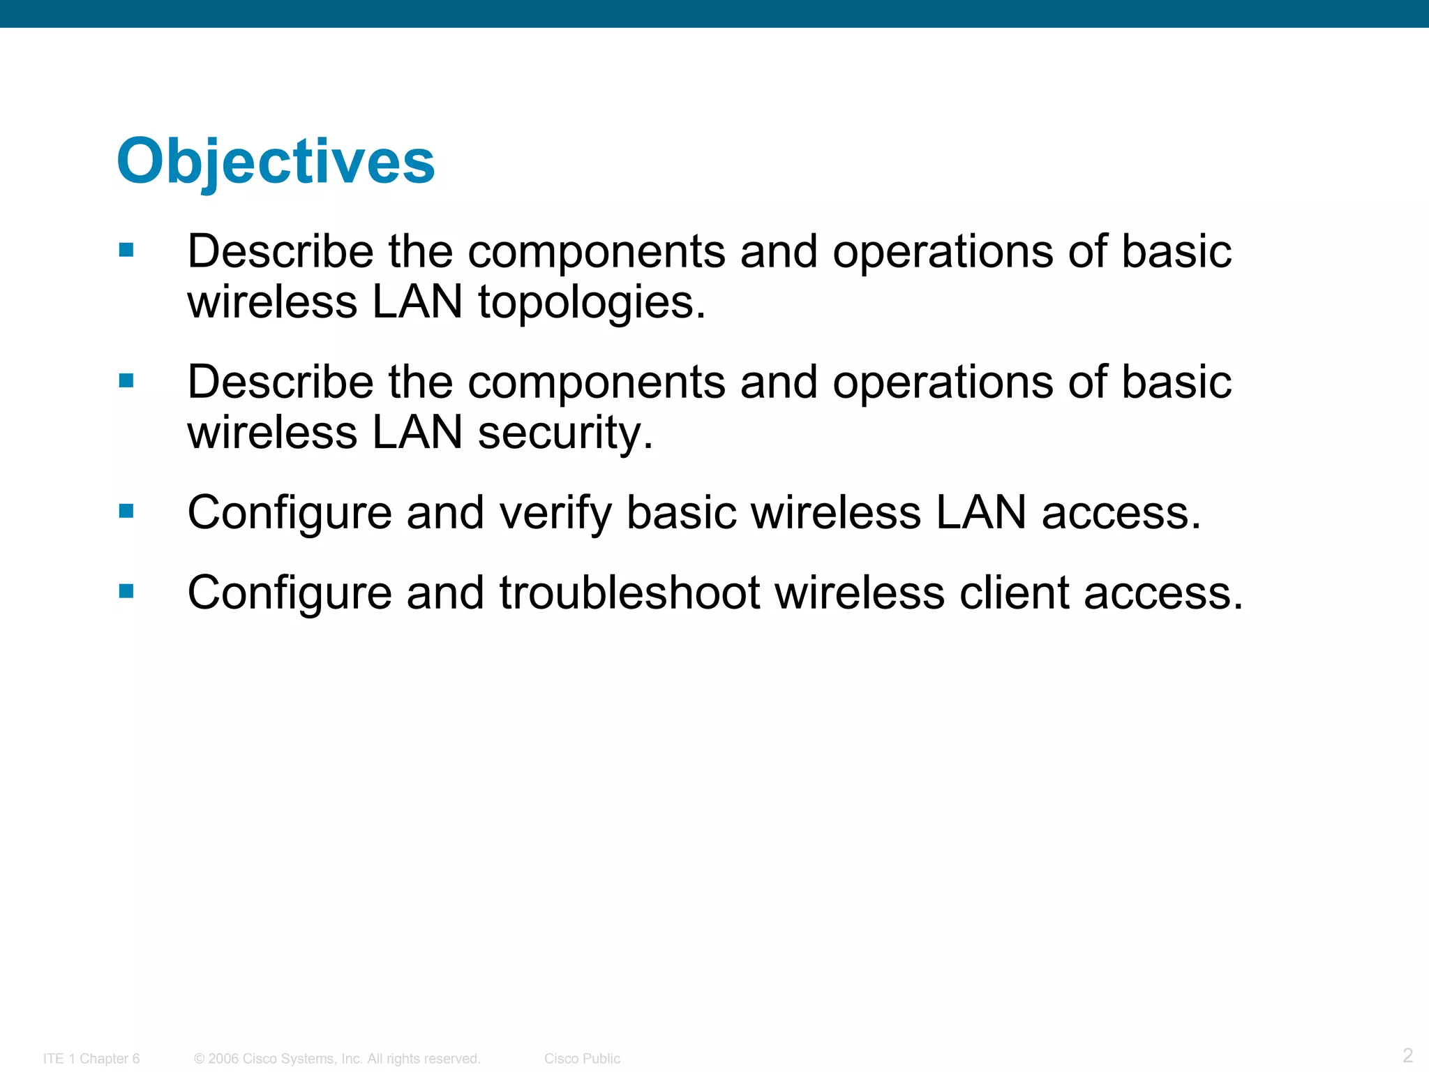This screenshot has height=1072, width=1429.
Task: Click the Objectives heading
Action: click(276, 162)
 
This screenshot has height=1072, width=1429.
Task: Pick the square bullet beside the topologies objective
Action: click(126, 250)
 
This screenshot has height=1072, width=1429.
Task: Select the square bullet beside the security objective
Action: click(126, 380)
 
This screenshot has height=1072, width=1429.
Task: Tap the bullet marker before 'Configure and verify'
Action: click(126, 512)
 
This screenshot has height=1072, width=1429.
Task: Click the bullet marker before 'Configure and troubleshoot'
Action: click(126, 592)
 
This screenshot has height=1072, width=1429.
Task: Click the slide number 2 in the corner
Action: click(1407, 1055)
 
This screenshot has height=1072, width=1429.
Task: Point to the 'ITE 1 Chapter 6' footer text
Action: click(91, 1059)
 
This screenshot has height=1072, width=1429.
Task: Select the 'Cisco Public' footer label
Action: click(582, 1059)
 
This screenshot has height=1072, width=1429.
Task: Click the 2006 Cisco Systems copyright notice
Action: click(337, 1059)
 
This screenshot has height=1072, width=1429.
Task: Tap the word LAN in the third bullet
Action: click(980, 513)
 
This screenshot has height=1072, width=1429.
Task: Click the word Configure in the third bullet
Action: click(290, 513)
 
